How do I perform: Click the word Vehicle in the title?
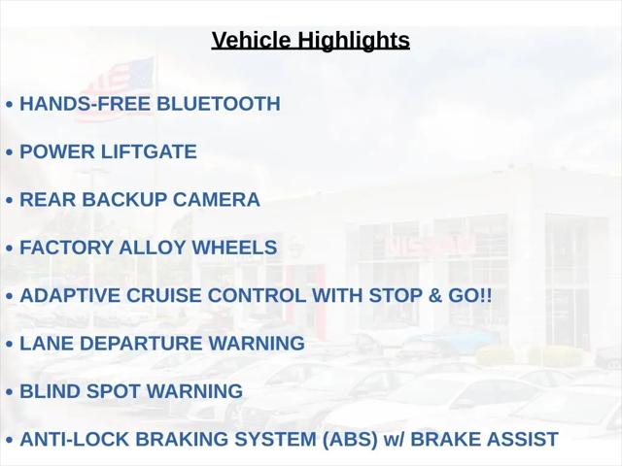[x=251, y=40]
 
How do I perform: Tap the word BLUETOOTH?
[x=219, y=104]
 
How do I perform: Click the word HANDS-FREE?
[x=86, y=104]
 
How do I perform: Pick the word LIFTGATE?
[x=149, y=151]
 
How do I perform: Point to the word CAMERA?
[x=216, y=200]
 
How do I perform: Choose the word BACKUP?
[x=124, y=200]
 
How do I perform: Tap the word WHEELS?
[x=234, y=248]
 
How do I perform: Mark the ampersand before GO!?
[x=434, y=295]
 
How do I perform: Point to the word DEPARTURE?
[x=141, y=344]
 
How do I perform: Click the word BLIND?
[x=50, y=391]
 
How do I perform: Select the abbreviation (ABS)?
[x=350, y=440]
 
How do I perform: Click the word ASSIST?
[x=522, y=440]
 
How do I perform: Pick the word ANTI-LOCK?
[x=75, y=440]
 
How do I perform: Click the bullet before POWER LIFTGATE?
[x=10, y=152]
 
